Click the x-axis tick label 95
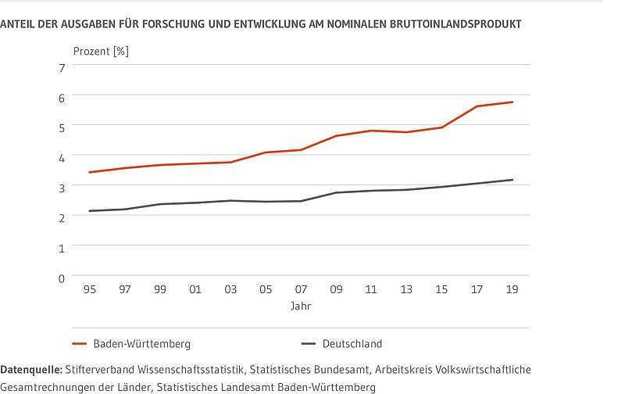90,289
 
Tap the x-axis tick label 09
336,289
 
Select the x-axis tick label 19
512,289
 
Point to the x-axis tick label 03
230,289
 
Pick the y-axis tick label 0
62,277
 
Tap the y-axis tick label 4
62,156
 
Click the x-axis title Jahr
301,306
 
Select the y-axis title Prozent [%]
101,52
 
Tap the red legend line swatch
78,343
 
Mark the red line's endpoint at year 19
512,102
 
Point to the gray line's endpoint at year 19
512,180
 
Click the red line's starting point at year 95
90,172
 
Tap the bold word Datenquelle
31,368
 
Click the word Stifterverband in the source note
102,368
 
